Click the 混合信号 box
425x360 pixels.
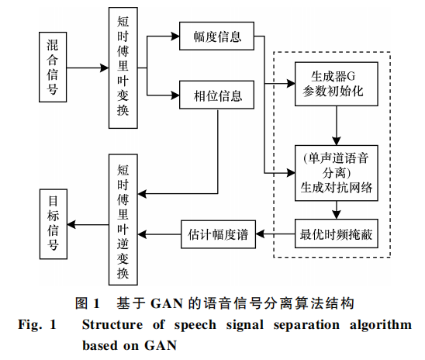(53, 67)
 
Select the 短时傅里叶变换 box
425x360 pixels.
(123, 67)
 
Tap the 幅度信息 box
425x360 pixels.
(216, 36)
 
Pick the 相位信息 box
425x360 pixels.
(216, 95)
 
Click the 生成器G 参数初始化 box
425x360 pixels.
(337, 84)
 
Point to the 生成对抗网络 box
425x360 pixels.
(337, 173)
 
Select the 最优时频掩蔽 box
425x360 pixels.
(337, 234)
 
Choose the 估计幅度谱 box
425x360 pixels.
(218, 234)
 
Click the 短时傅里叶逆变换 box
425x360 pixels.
(123, 220)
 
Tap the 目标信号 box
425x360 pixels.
(54, 224)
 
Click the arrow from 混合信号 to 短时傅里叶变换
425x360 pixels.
(88, 67)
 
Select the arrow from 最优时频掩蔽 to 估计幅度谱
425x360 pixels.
(275, 234)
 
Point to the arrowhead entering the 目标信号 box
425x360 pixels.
(71, 225)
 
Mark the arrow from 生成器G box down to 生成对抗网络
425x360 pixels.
(337, 126)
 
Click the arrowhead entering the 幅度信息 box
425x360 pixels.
(175, 36)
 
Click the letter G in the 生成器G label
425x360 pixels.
(351, 77)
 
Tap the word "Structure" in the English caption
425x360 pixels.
(112, 325)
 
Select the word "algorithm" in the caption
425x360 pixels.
(381, 325)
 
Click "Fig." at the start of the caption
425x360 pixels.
(30, 325)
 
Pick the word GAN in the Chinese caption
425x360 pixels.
(167, 303)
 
